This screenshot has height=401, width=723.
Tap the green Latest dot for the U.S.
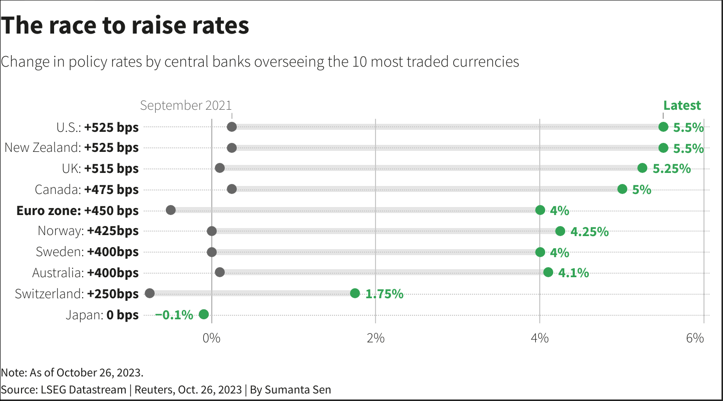coord(663,127)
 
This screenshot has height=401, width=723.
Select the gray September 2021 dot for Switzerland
coord(149,293)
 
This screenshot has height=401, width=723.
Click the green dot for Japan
coord(203,314)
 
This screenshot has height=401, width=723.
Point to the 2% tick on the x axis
coord(376,338)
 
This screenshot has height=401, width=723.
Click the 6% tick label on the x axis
coord(695,338)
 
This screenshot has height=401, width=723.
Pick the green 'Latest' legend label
coord(682,105)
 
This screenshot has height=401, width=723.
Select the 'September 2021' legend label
coord(186,105)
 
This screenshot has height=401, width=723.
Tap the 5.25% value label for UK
coord(671,169)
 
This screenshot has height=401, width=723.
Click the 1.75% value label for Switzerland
coord(384,294)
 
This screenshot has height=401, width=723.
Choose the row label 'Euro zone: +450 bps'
coord(77,211)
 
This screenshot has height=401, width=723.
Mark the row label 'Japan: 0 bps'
coord(102,315)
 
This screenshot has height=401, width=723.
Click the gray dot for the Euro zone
coord(170,210)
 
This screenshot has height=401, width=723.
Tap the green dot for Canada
coord(622,189)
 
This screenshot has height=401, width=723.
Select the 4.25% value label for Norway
coord(589,232)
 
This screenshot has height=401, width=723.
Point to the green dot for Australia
coord(548,272)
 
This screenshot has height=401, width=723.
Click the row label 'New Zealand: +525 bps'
coord(71,148)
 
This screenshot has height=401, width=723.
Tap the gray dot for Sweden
coord(212,252)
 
